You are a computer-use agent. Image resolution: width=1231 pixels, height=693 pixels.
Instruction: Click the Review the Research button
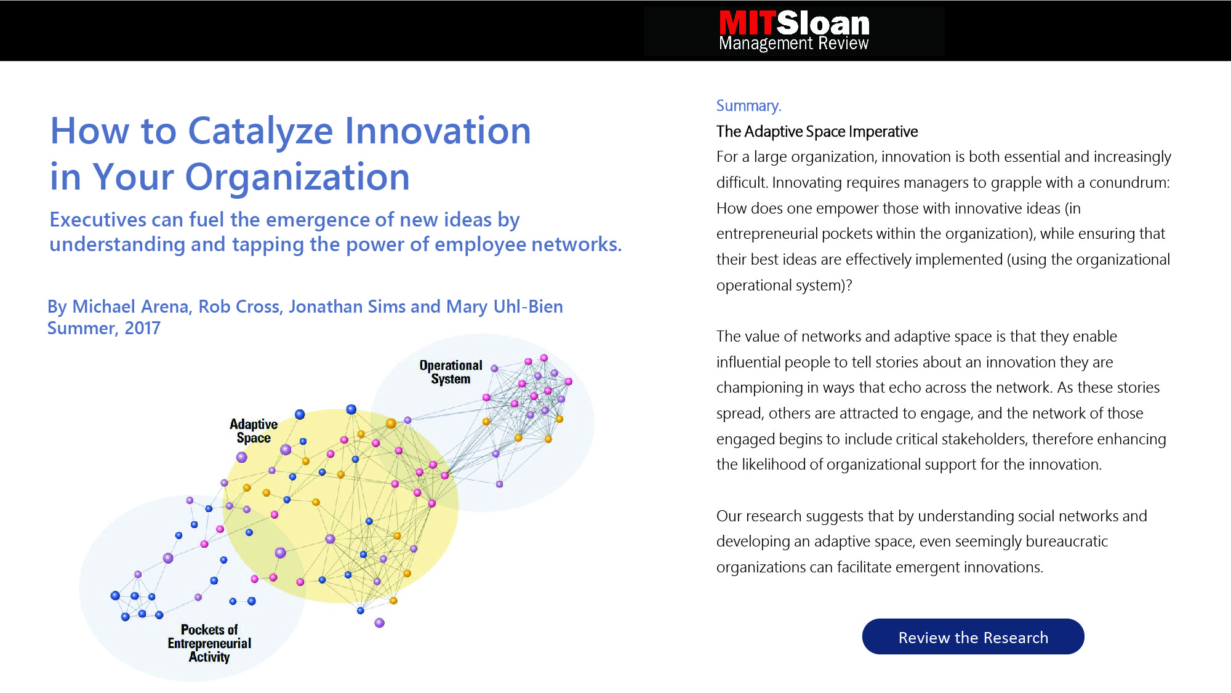pyautogui.click(x=973, y=636)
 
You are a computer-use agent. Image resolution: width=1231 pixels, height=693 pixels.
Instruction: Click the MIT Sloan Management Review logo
pyautogui.click(x=794, y=31)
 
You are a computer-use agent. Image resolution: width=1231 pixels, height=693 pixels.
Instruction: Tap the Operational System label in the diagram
pyautogui.click(x=451, y=372)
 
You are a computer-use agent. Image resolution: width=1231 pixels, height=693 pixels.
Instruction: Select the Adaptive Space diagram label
pyautogui.click(x=254, y=431)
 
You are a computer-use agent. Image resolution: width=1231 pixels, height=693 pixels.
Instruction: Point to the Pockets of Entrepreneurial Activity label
pyautogui.click(x=209, y=643)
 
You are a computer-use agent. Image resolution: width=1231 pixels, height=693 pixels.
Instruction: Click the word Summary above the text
pyautogui.click(x=748, y=106)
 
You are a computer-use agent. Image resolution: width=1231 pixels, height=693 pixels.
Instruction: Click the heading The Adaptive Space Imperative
pyautogui.click(x=817, y=132)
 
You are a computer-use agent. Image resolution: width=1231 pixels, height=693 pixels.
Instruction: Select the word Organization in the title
pyautogui.click(x=297, y=177)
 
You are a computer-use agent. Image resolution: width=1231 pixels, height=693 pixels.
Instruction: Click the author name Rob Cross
pyautogui.click(x=239, y=306)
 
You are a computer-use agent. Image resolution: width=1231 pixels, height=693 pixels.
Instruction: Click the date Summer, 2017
pyautogui.click(x=104, y=328)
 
